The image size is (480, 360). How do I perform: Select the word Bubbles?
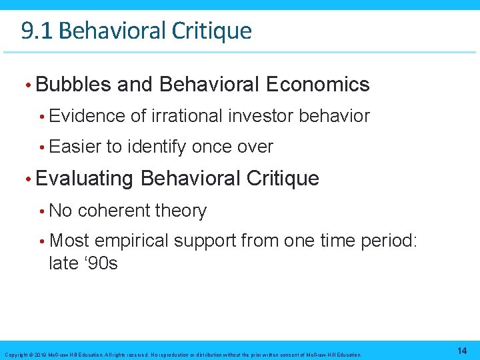click(x=73, y=85)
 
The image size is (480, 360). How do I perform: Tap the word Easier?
click(x=76, y=147)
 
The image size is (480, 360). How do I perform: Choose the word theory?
click(x=181, y=211)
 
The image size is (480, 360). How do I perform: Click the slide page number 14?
click(x=462, y=351)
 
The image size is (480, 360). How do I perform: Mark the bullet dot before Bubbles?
click(x=27, y=85)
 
